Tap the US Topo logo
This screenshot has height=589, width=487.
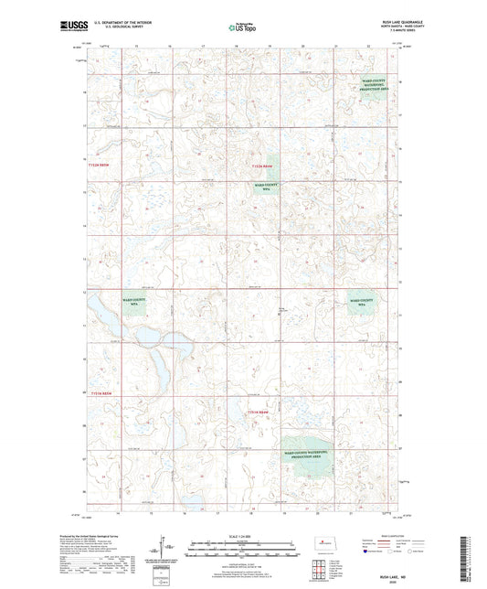click(243, 28)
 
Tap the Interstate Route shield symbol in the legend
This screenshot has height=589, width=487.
click(366, 552)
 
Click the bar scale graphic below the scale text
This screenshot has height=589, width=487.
click(242, 549)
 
